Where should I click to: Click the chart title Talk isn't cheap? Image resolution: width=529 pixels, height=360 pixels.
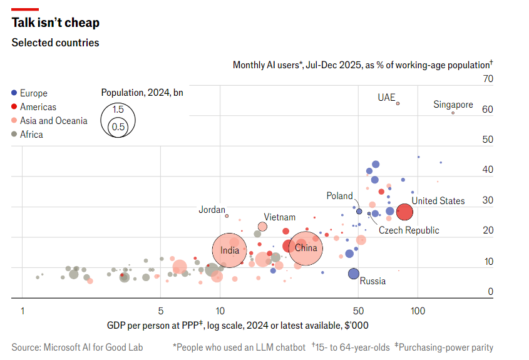[x=56, y=23]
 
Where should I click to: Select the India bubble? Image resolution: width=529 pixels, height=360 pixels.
[x=230, y=250]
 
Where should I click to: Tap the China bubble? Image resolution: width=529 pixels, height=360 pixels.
[x=306, y=248]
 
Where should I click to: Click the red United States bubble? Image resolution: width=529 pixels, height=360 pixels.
[x=404, y=212]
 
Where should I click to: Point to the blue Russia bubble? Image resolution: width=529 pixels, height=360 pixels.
[x=354, y=274]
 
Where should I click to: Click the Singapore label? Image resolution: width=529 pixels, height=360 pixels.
[x=453, y=105]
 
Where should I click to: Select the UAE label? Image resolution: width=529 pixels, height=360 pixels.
[x=386, y=98]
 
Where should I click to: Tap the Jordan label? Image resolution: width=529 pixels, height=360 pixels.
[x=212, y=210]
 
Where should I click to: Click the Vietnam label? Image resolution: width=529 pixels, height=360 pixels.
[x=279, y=217]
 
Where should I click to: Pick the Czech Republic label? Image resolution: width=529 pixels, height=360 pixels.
[x=409, y=230]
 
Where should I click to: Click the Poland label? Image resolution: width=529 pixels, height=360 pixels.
[x=339, y=196]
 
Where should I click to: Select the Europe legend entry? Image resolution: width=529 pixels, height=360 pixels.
[x=33, y=93]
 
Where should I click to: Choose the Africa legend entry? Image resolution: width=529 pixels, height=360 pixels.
[x=31, y=135]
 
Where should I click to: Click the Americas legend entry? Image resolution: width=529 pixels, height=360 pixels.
[x=38, y=107]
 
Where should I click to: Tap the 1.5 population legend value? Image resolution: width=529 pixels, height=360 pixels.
[x=118, y=110]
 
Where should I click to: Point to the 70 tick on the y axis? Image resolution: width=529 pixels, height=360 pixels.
[x=488, y=79]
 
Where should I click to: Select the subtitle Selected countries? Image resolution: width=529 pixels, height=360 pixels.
[x=55, y=43]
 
